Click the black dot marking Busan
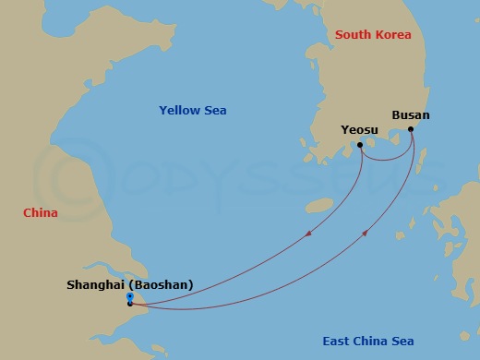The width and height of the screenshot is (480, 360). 411,128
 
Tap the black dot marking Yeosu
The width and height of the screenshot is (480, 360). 359,145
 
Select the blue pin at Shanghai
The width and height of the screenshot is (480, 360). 129,296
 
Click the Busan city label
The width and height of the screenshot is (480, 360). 411,115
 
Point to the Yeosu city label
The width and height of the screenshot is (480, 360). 359,130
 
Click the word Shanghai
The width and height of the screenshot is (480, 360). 97,285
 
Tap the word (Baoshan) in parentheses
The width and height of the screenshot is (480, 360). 162,285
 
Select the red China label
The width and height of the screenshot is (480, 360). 41,213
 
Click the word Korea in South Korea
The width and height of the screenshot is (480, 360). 393,35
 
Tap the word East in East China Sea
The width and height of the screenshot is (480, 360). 337,342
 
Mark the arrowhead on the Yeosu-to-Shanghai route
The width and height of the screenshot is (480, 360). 306,234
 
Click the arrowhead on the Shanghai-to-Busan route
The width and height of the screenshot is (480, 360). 366,234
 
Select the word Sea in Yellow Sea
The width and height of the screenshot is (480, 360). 214,111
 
